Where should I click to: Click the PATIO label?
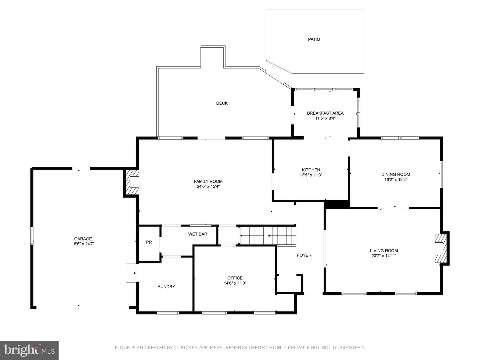[x=314, y=39]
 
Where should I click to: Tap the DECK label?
[x=222, y=103]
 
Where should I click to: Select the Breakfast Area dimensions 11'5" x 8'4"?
[x=325, y=118]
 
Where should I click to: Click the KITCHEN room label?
[x=311, y=170]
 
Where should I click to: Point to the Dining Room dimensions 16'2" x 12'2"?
[x=396, y=180]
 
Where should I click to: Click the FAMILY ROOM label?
[x=208, y=181]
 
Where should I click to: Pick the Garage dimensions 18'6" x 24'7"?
[x=83, y=244]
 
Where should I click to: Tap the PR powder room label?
[x=149, y=242]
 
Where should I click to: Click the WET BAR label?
[x=197, y=234]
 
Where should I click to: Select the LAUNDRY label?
[x=165, y=287]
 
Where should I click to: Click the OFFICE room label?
[x=235, y=278]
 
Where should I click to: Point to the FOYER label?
[x=304, y=255]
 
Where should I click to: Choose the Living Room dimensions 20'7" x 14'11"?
[x=384, y=256]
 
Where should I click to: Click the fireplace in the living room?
[x=440, y=248]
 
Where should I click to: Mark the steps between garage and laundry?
[x=131, y=272]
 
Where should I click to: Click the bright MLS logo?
[x=29, y=350]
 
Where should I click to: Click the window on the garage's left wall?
[x=32, y=235]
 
